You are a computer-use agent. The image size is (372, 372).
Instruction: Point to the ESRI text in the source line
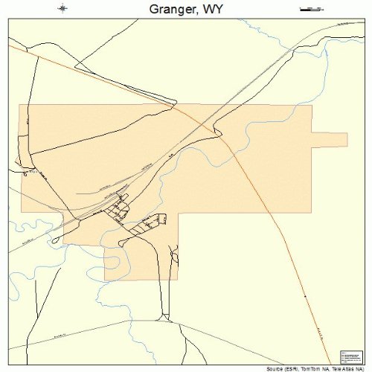pos(291,368)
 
